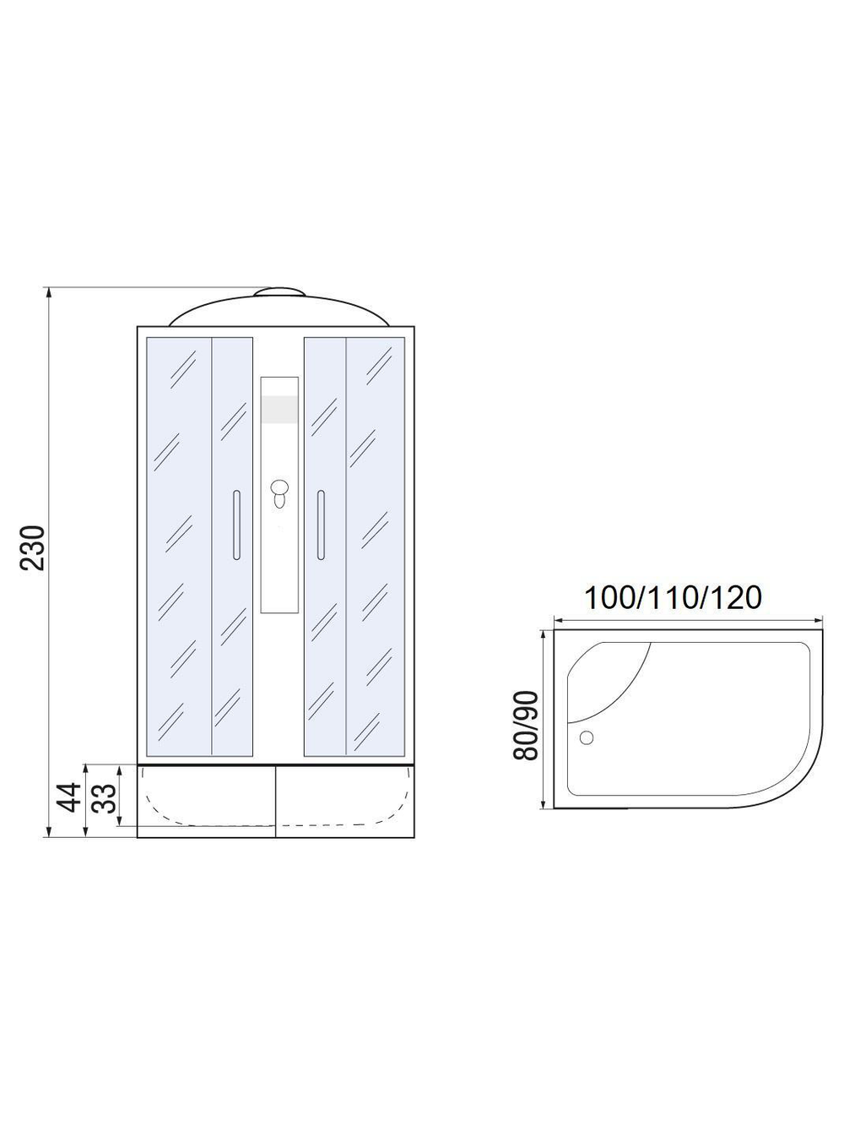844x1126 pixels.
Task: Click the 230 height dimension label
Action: [x=33, y=547]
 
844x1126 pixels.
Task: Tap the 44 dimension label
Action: [x=69, y=797]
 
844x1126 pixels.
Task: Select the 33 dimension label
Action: [x=104, y=797]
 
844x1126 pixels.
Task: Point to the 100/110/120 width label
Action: [x=673, y=597]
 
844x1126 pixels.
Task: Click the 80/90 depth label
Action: [x=526, y=726]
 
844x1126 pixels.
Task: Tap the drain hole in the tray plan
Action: [x=587, y=737]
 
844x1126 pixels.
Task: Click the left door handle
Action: [x=236, y=525]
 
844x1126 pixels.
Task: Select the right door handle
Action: [x=321, y=525]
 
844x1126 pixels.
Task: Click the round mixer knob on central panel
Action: [x=280, y=487]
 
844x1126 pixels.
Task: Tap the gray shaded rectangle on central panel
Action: [x=279, y=410]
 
